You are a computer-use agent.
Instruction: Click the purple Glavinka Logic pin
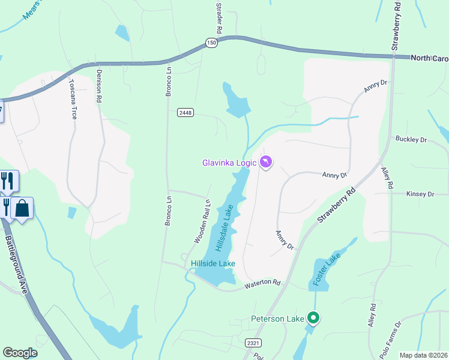[x=266, y=162]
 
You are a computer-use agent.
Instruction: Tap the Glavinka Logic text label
[x=229, y=162]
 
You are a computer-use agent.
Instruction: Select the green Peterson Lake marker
[x=313, y=317]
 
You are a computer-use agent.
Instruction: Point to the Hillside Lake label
[x=213, y=263]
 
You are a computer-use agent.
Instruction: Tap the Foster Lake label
[x=327, y=270]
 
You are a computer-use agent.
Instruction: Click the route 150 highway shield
[x=210, y=42]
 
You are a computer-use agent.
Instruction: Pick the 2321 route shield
[x=253, y=342]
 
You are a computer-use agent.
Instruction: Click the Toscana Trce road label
[x=73, y=99]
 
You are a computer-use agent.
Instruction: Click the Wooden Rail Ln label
[x=202, y=221]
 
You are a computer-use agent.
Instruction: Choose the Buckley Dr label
[x=411, y=139]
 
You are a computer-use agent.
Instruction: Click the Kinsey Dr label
[x=420, y=194]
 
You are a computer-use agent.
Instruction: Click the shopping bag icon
[x=22, y=209]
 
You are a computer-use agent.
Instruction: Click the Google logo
[x=20, y=353]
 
